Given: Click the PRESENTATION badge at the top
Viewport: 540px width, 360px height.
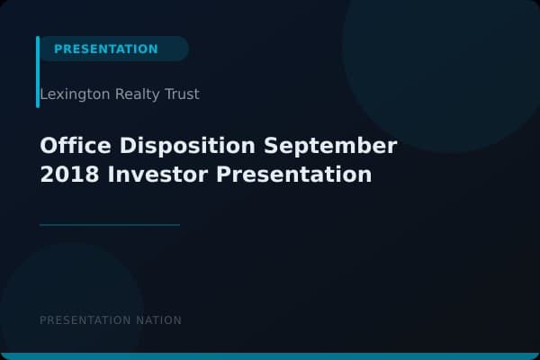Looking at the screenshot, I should point(106,49).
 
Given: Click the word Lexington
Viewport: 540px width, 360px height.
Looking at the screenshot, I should point(75,94).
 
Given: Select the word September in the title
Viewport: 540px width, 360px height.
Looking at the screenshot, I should point(330,146).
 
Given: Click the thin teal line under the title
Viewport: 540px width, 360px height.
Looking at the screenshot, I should point(110,225).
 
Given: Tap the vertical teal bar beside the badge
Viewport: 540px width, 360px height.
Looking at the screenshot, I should point(38,72).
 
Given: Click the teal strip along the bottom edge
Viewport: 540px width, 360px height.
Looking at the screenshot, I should point(270,356).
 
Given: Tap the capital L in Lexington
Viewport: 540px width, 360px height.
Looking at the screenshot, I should point(43,94).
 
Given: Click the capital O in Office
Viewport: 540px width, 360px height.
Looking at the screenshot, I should point(49,146).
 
